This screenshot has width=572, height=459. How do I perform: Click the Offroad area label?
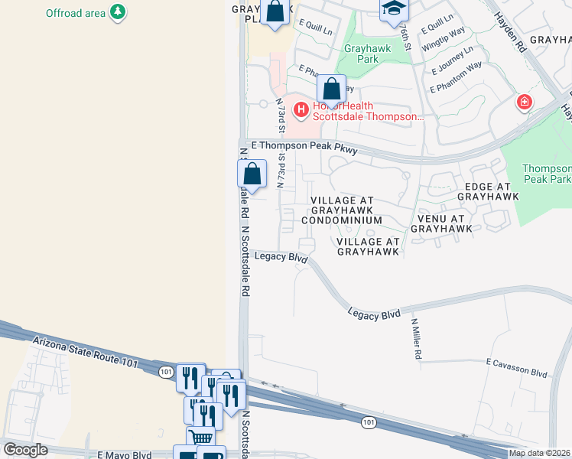(x=75, y=13)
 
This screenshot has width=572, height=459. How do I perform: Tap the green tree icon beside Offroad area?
(x=118, y=12)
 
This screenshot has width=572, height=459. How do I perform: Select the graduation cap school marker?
(x=394, y=8)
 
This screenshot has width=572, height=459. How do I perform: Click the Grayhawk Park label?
(x=367, y=53)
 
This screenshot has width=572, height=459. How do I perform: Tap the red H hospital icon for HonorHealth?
(x=301, y=111)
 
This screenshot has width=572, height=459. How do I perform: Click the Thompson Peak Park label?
(x=546, y=174)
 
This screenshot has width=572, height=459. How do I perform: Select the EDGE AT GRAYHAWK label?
(x=483, y=190)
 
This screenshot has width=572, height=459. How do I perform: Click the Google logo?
(x=25, y=450)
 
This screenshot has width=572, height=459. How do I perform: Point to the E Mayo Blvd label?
(x=125, y=454)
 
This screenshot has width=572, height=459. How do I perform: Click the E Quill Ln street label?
(x=315, y=28)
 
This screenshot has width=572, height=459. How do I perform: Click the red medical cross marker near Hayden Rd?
(x=525, y=102)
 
